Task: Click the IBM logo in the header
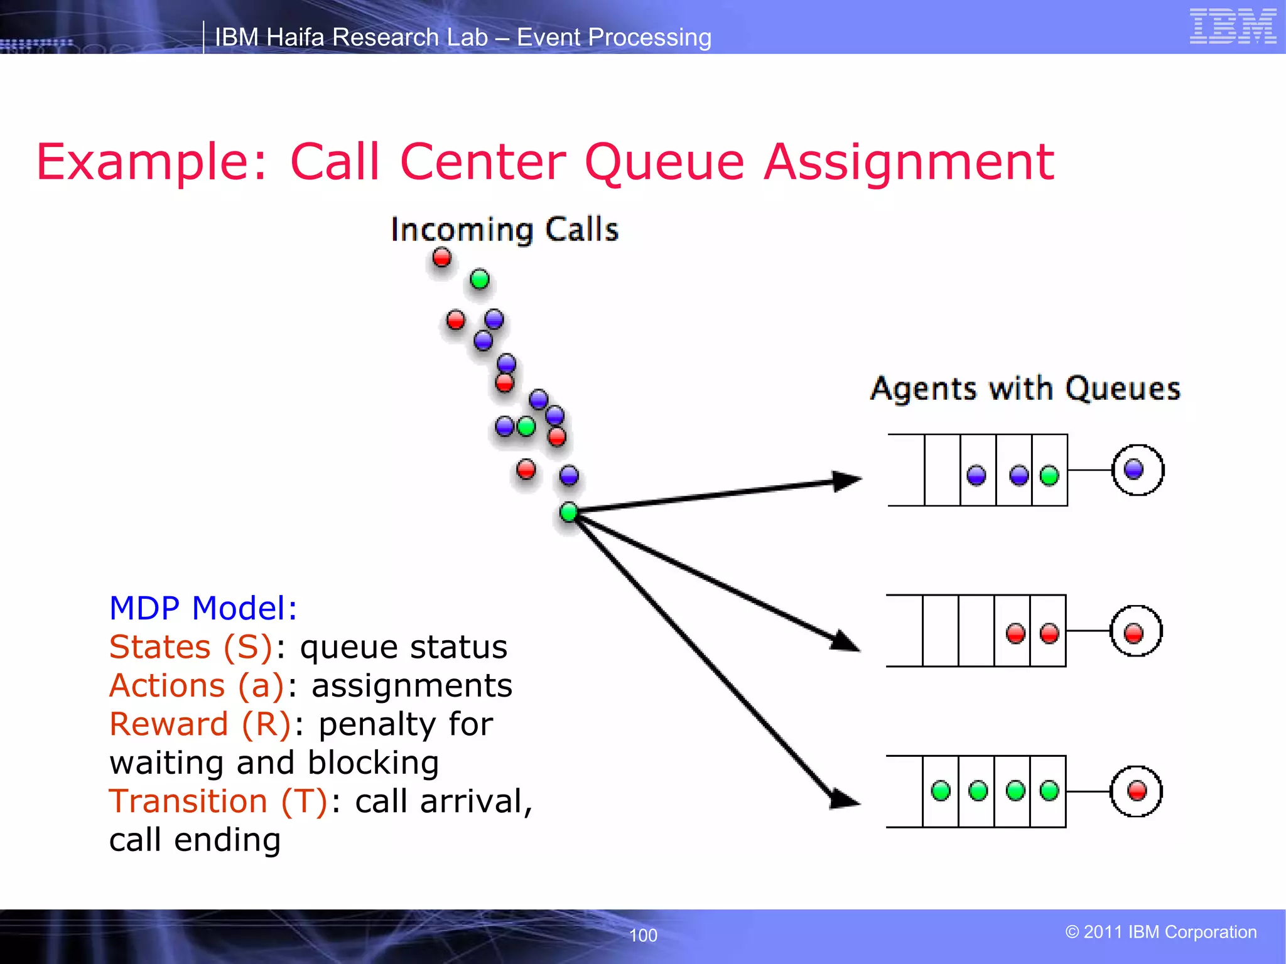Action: point(1233,26)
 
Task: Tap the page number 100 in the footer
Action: point(643,935)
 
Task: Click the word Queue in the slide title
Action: point(664,162)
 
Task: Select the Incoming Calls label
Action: point(504,230)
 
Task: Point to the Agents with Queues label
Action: point(1025,388)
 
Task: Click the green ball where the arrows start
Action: point(569,512)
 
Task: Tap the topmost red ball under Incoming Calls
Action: point(442,257)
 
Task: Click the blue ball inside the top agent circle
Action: point(1133,469)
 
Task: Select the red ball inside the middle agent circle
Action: point(1133,633)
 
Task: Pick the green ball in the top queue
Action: point(1049,476)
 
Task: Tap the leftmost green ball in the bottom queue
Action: point(941,791)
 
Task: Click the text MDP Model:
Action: point(203,608)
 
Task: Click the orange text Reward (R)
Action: point(200,724)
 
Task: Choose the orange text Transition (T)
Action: point(218,801)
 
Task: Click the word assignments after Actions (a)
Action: point(412,686)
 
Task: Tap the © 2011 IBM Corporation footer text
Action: point(1160,932)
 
